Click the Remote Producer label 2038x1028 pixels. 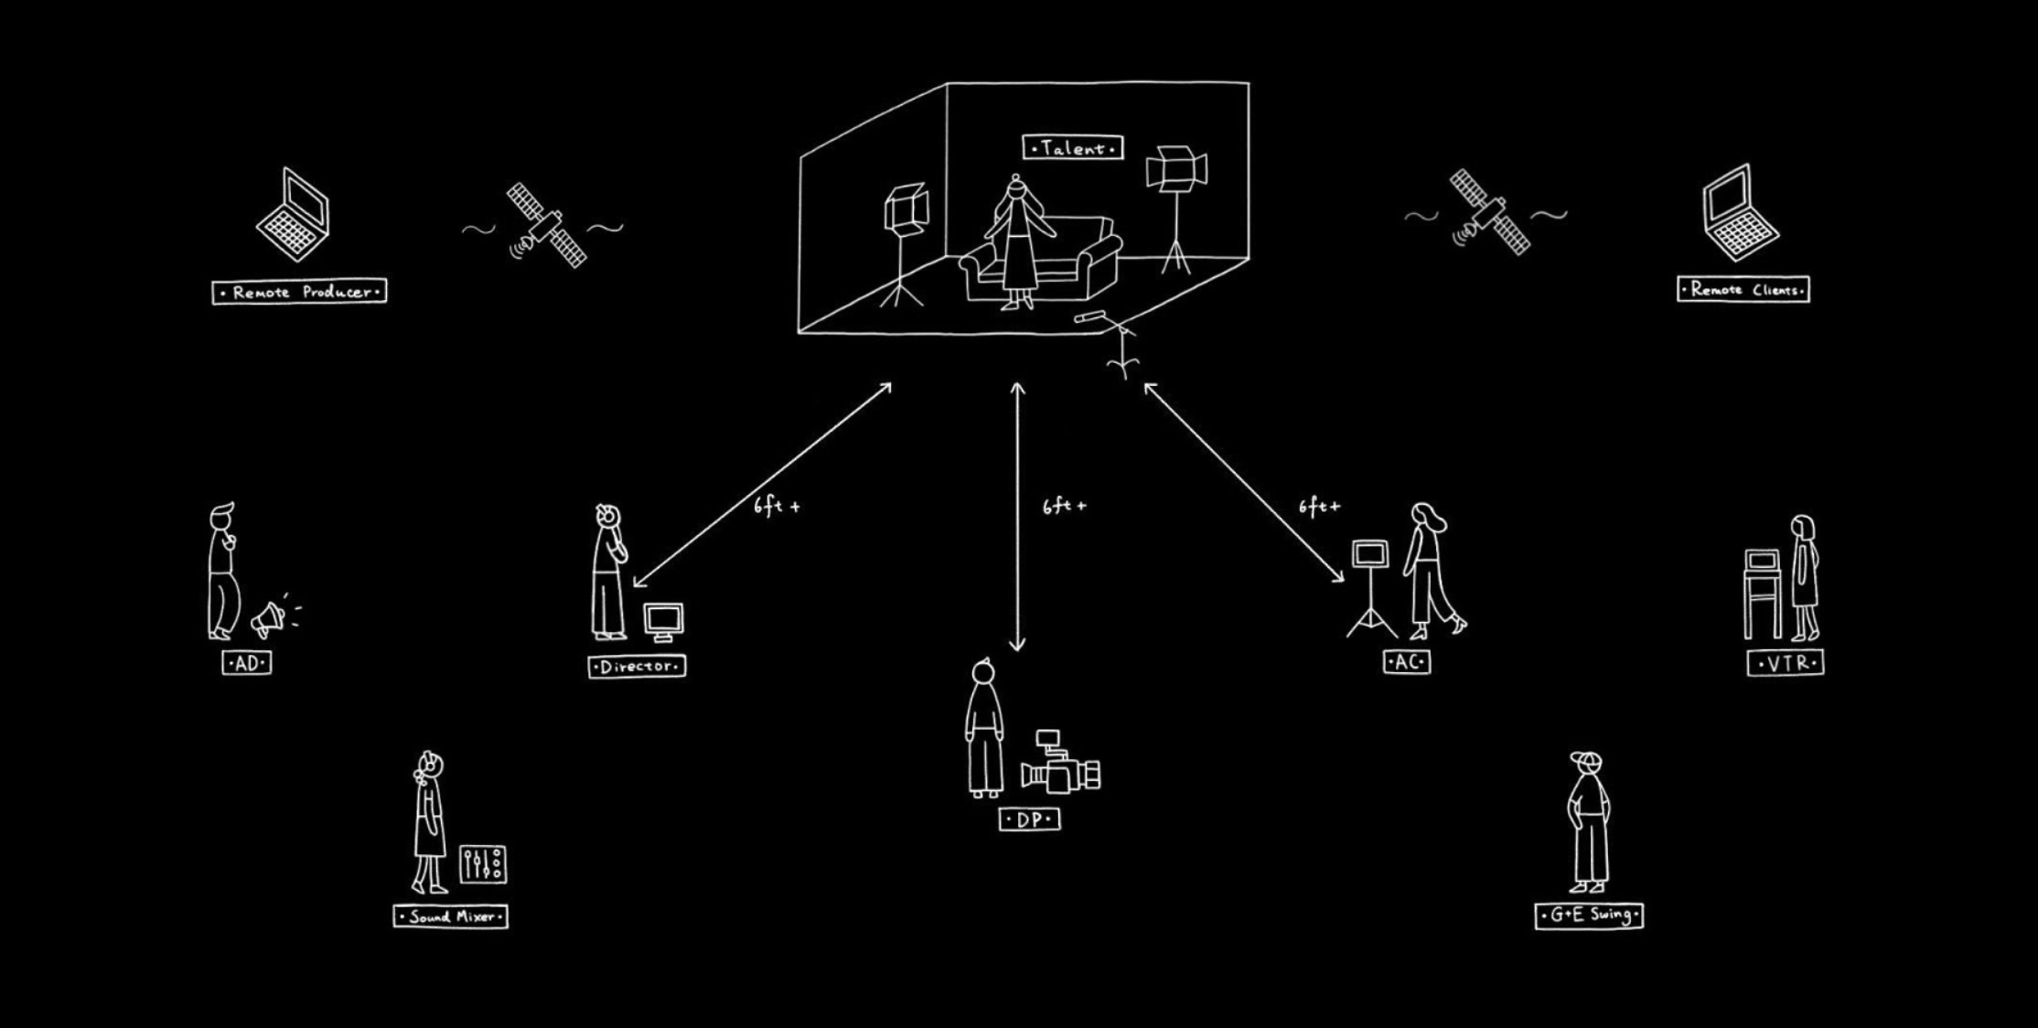(299, 292)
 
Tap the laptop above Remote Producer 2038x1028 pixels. (293, 216)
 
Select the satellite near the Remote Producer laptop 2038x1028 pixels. (547, 224)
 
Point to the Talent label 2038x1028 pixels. (1072, 147)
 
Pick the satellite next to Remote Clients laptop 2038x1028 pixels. (1489, 212)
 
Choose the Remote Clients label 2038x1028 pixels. (1743, 290)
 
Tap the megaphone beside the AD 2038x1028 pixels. (270, 619)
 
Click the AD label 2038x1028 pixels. (247, 663)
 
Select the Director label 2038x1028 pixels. (637, 667)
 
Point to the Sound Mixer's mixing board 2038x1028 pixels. (482, 863)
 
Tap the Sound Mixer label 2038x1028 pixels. (451, 916)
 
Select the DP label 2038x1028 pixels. (1030, 819)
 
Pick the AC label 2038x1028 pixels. (1407, 662)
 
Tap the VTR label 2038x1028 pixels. (1785, 663)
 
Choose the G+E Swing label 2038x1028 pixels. (1589, 915)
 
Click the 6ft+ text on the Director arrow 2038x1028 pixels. (777, 506)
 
